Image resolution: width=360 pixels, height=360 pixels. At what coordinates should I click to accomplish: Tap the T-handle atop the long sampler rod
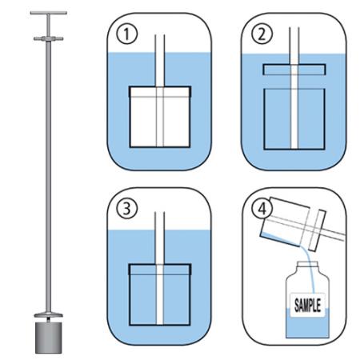click(x=47, y=14)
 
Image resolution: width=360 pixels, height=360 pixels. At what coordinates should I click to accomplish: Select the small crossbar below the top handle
click(x=47, y=38)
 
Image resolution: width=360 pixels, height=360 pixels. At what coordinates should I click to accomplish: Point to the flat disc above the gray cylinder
click(x=47, y=315)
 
